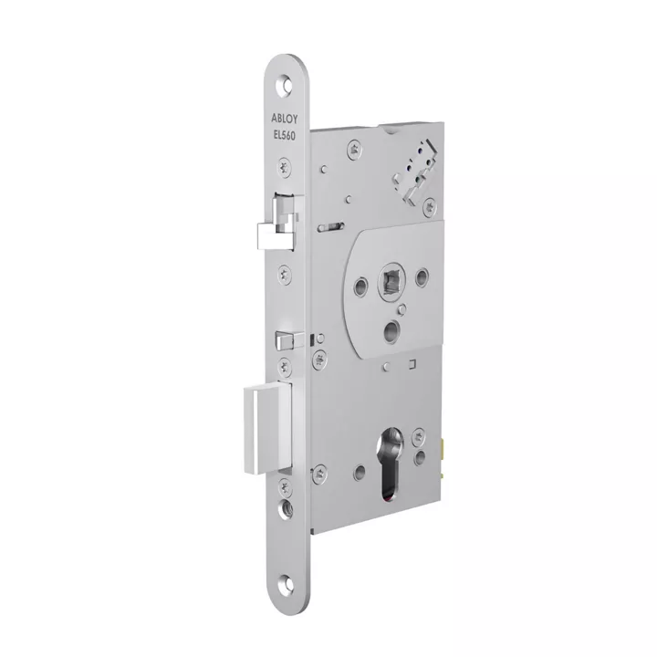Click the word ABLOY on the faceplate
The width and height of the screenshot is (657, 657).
point(285,119)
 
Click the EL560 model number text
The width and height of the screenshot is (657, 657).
point(285,135)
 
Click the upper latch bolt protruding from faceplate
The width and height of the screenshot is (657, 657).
point(277,224)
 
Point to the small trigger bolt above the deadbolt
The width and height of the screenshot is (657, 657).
point(287,340)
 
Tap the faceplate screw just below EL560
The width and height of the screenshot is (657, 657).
point(285,167)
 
